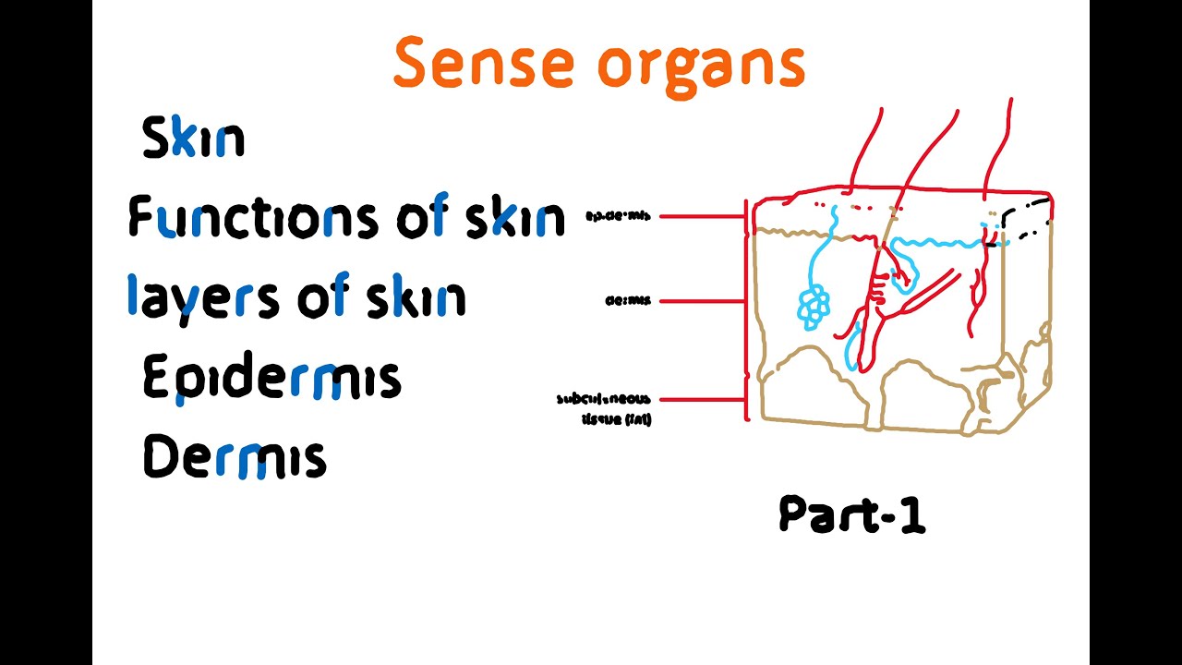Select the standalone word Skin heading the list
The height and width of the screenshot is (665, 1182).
tap(193, 139)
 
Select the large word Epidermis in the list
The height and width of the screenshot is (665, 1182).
tap(271, 380)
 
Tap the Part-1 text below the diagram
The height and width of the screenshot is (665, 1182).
tap(851, 514)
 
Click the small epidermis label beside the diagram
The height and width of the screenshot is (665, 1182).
tap(618, 216)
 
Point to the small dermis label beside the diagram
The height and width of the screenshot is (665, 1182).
tap(628, 300)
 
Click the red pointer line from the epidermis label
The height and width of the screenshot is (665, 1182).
tap(702, 217)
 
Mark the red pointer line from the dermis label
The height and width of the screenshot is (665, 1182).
tap(702, 301)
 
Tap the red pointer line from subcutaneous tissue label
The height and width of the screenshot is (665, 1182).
tap(702, 400)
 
